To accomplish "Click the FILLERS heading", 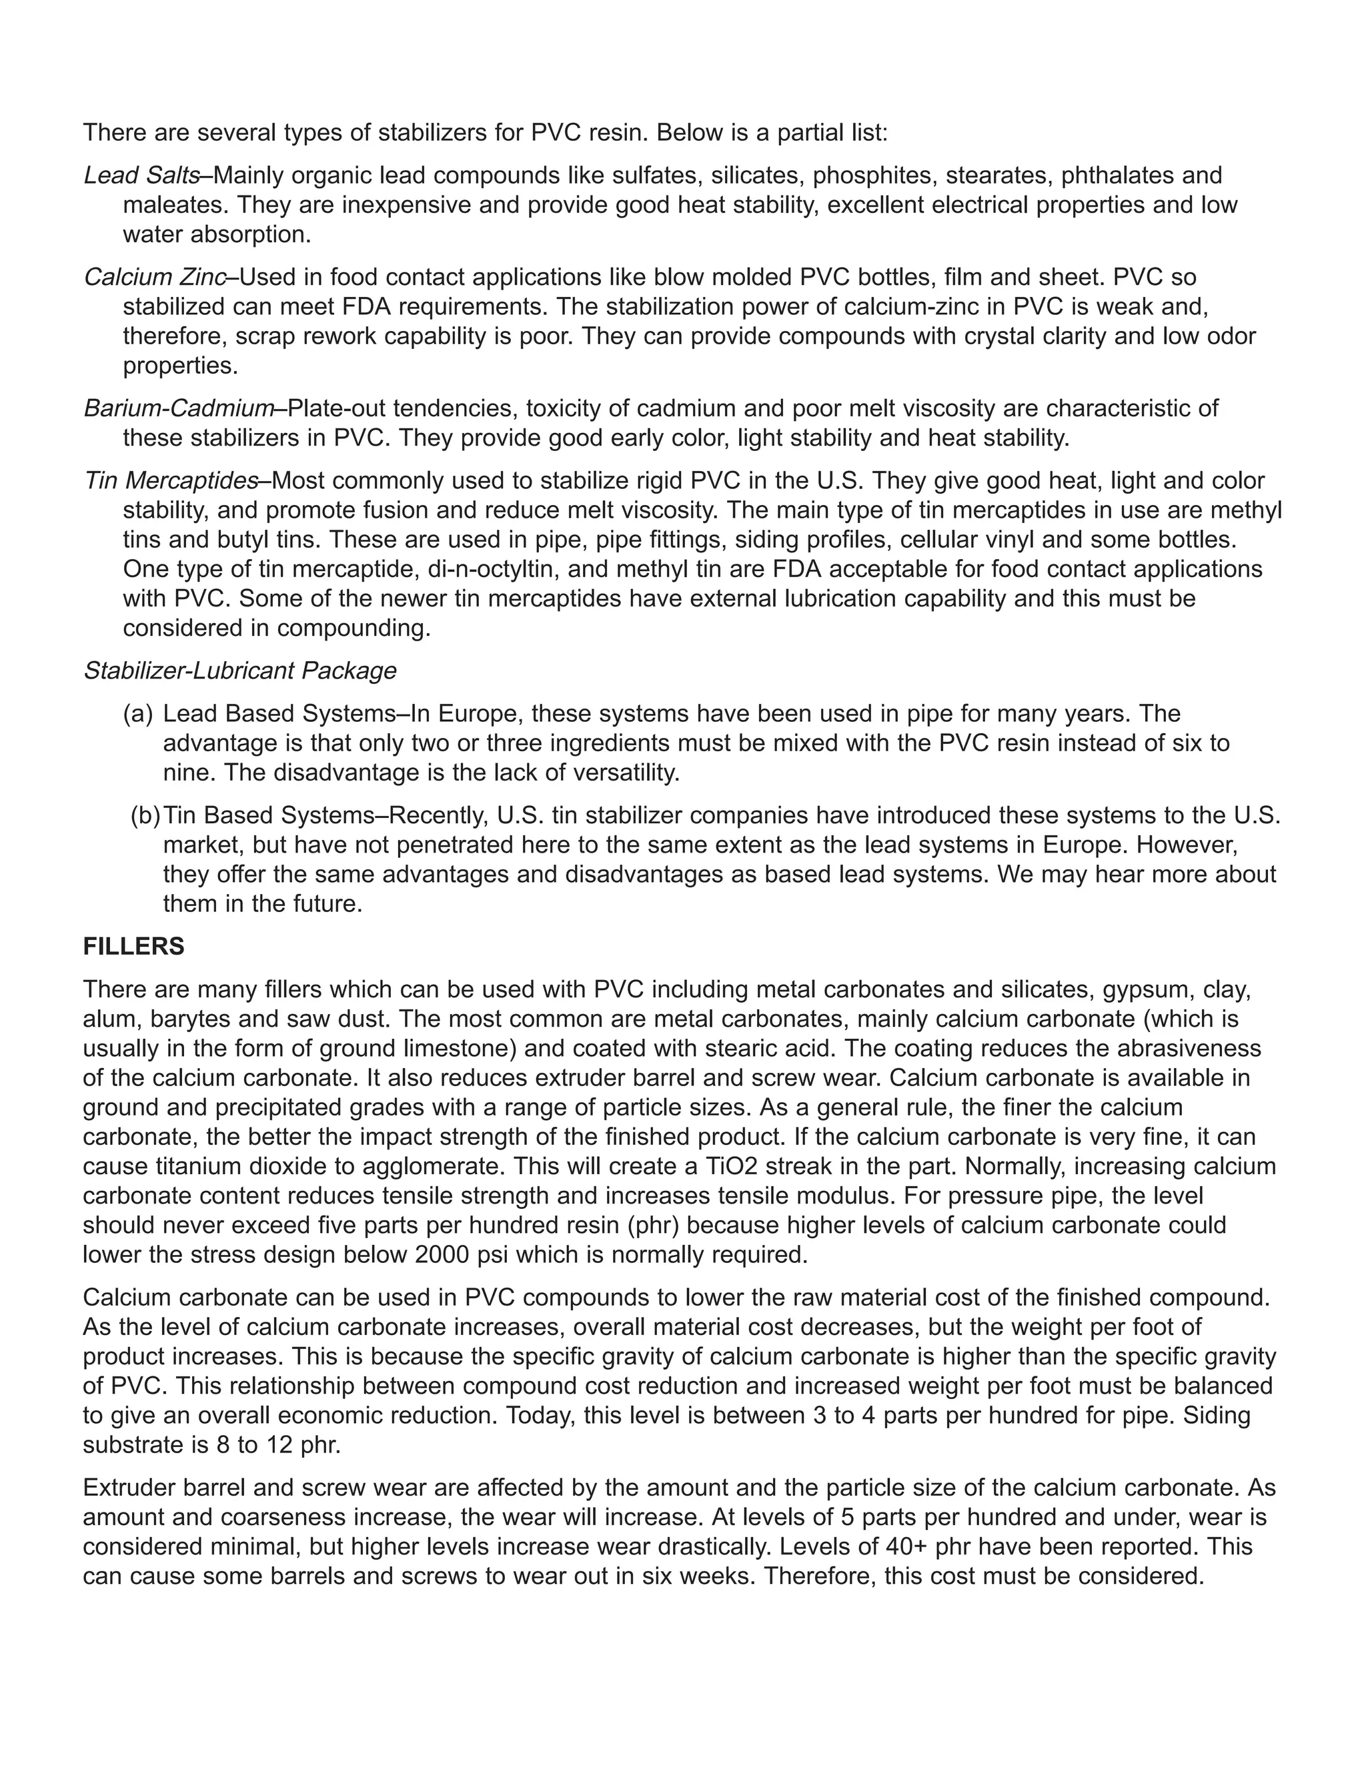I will (133, 946).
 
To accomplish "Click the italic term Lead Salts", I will (141, 175).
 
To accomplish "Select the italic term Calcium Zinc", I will (155, 277).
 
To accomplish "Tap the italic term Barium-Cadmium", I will (179, 408).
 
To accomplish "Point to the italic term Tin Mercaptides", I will (171, 481).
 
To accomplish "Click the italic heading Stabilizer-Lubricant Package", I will (239, 671).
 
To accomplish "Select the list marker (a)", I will (137, 714).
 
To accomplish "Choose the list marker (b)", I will (145, 815).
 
